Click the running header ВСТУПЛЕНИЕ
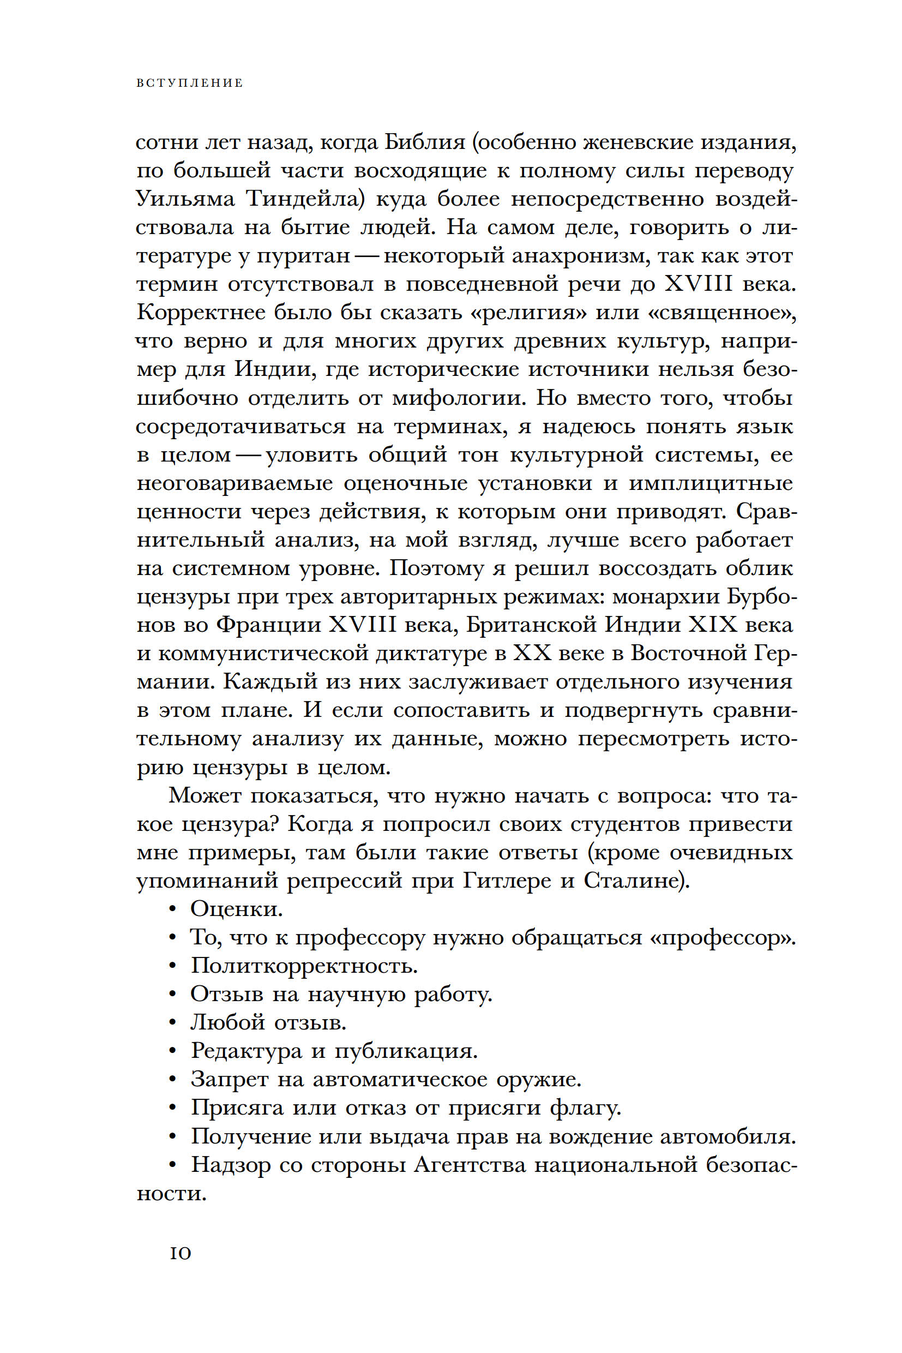[190, 83]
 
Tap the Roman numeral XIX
[713, 625]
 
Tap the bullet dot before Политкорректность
[172, 966]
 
